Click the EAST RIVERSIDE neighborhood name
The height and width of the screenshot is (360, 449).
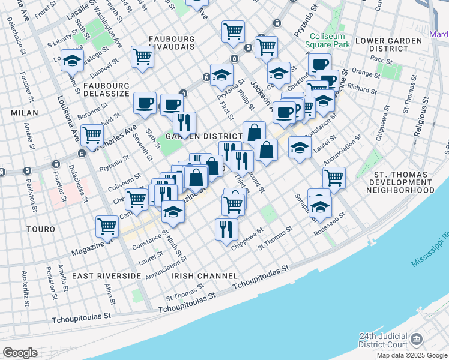[106, 275]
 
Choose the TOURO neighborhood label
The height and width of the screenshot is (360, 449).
[40, 229]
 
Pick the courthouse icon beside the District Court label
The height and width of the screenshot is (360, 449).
[415, 340]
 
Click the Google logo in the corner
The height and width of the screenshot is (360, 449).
[20, 352]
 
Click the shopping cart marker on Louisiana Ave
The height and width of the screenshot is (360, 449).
[92, 135]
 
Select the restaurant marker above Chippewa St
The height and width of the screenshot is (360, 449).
[226, 229]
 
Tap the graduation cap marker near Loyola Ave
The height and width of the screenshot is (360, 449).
[72, 61]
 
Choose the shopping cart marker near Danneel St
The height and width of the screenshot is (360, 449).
[143, 57]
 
